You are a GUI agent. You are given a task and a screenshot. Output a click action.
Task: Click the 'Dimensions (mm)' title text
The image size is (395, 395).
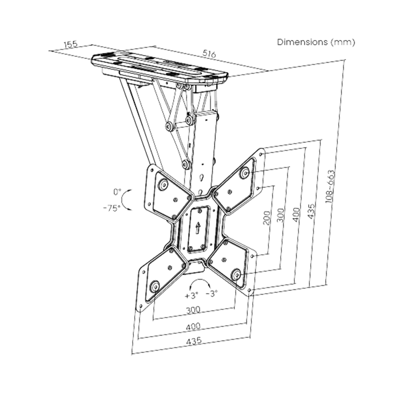tap(316, 42)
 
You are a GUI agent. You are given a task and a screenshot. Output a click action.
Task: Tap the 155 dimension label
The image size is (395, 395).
tap(71, 45)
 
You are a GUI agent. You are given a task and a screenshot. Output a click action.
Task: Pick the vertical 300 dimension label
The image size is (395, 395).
tap(281, 215)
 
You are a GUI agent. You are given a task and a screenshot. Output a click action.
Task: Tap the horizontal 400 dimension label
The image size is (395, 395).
tap(194, 326)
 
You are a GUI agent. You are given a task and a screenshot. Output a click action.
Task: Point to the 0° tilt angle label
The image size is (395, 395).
tap(117, 192)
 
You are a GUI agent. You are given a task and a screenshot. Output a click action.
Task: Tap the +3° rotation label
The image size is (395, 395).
tap(191, 296)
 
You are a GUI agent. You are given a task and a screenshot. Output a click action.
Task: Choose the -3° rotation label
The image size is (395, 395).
tap(211, 294)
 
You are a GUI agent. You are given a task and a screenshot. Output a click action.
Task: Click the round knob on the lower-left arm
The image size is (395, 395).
tap(154, 286)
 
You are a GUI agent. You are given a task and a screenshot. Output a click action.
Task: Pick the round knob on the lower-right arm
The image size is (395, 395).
tap(236, 275)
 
